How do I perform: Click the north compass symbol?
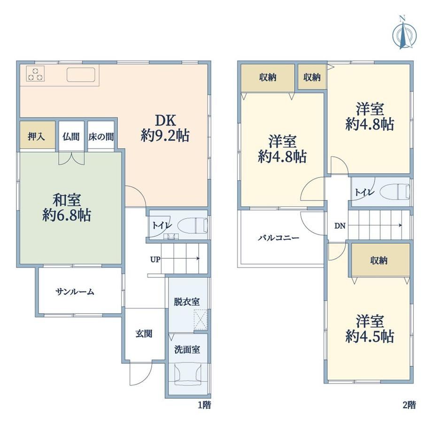point(404,34)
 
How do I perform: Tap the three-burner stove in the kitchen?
point(36,74)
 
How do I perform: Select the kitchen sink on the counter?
point(81,75)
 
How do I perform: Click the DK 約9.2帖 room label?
point(165,128)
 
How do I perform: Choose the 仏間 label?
point(71,137)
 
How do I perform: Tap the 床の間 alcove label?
point(101,137)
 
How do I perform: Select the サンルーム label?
point(75,292)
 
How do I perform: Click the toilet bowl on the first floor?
point(193,224)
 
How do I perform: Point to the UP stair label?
point(155,259)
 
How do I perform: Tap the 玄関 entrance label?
point(144,334)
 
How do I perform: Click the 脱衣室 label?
point(187,301)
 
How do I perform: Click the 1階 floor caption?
point(205,405)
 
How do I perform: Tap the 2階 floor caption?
point(409,405)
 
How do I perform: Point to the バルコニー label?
point(278,238)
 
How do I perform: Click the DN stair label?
point(340,226)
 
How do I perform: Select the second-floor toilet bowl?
point(395,191)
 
